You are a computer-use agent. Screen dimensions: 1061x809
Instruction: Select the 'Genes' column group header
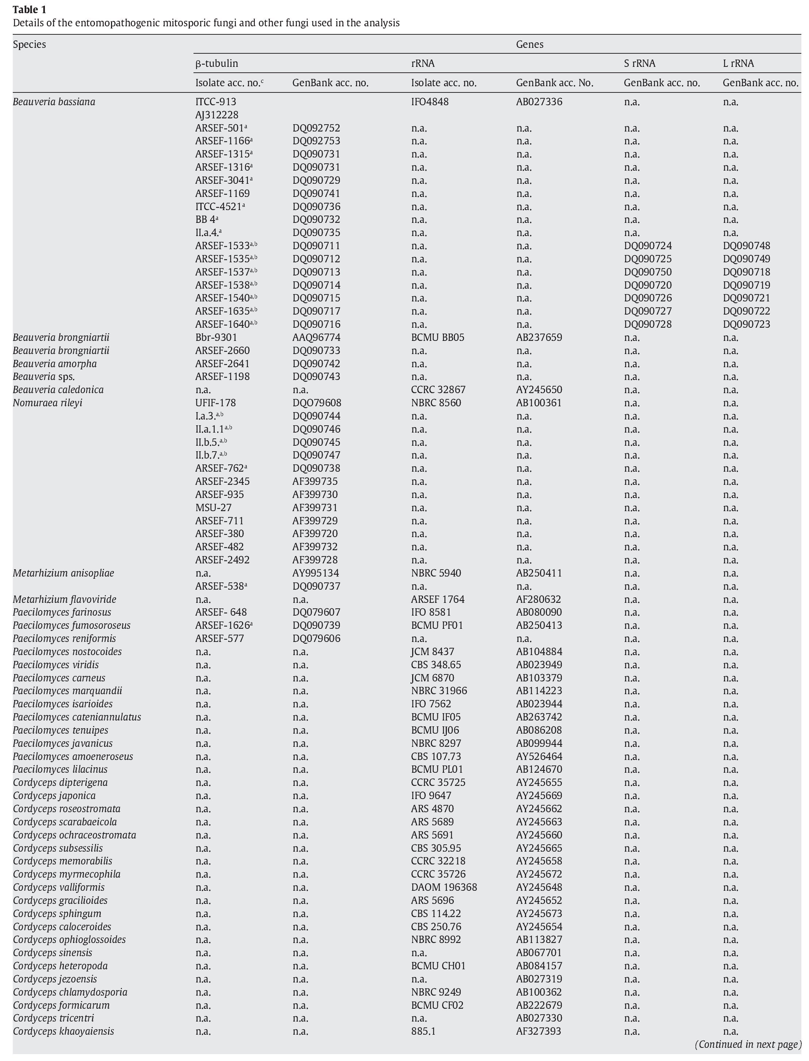click(529, 44)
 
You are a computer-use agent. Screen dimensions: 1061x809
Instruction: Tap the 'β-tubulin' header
click(217, 63)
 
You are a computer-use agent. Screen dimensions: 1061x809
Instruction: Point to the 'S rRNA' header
click(640, 63)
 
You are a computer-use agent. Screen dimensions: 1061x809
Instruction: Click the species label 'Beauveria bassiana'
click(54, 102)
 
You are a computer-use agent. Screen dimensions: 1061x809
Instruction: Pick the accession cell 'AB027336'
click(539, 102)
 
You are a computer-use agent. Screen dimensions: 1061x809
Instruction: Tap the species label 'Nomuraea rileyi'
click(48, 403)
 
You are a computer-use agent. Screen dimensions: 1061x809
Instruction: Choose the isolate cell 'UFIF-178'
click(215, 403)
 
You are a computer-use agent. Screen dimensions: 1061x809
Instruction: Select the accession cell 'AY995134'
click(315, 573)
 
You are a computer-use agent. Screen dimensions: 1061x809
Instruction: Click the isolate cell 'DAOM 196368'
click(444, 887)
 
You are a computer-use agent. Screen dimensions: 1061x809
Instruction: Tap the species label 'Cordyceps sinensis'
click(53, 952)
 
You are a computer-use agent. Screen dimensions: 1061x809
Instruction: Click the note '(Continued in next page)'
click(748, 1044)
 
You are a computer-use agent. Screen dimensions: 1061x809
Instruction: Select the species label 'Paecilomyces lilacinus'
click(60, 769)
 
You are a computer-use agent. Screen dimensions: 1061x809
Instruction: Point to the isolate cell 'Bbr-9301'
click(216, 337)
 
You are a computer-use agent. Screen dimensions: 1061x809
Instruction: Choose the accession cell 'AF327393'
click(538, 1031)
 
